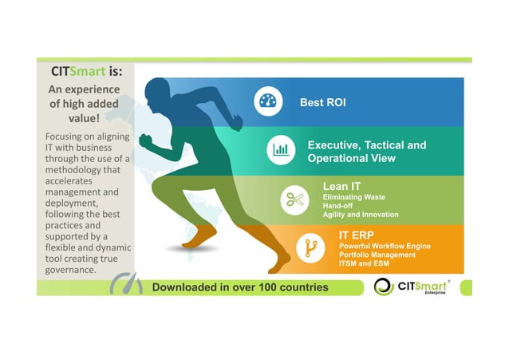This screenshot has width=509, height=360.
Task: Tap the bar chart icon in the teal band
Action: click(280, 149)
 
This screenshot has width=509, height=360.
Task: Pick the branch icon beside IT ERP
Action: click(306, 248)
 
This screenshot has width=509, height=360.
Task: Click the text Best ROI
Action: click(322, 103)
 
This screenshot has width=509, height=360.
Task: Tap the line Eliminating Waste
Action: click(353, 196)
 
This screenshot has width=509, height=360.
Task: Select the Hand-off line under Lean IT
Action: click(339, 205)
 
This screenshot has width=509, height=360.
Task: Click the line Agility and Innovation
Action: click(360, 215)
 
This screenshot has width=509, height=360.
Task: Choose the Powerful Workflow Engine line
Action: click(385, 246)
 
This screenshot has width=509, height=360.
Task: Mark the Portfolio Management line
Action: click(377, 255)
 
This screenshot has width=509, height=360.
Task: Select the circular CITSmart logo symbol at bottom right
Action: click(384, 287)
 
